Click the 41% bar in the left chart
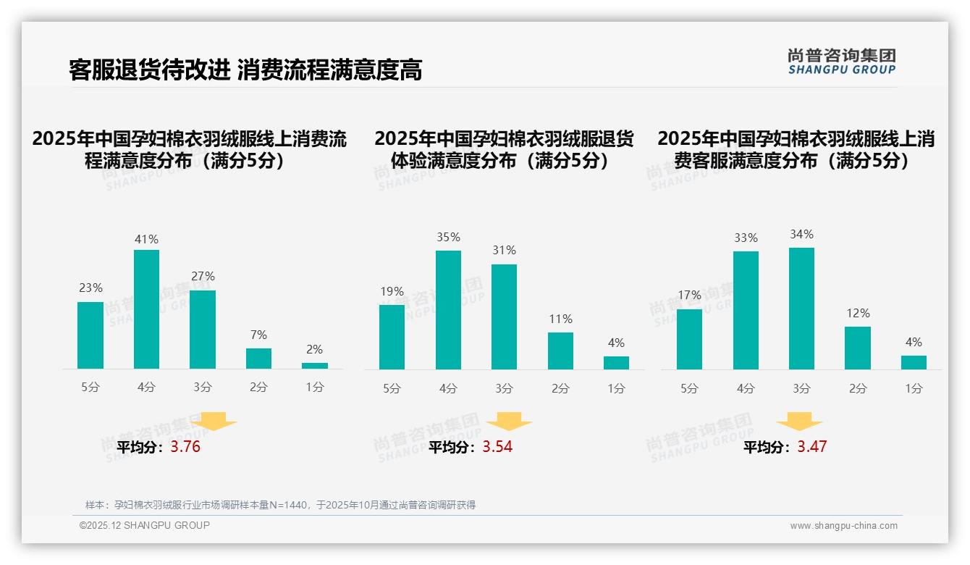pyautogui.click(x=146, y=309)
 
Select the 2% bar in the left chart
pyautogui.click(x=315, y=366)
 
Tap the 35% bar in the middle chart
pyautogui.click(x=448, y=310)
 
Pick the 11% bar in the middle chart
pyautogui.click(x=560, y=351)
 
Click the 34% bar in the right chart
pyautogui.click(x=801, y=309)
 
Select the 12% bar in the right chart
pyautogui.click(x=858, y=348)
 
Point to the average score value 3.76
pyautogui.click(x=185, y=447)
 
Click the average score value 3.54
pyautogui.click(x=497, y=447)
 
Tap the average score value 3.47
pyautogui.click(x=812, y=447)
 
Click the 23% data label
pyautogui.click(x=90, y=288)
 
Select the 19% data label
pyautogui.click(x=392, y=292)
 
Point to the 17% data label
pyautogui.click(x=689, y=295)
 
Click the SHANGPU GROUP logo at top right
pyautogui.click(x=842, y=62)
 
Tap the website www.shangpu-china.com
pyautogui.click(x=843, y=526)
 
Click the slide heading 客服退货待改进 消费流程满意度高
pyautogui.click(x=245, y=70)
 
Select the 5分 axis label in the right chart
pyautogui.click(x=689, y=389)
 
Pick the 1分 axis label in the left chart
pyautogui.click(x=315, y=388)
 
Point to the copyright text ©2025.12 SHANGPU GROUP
pyautogui.click(x=145, y=525)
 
